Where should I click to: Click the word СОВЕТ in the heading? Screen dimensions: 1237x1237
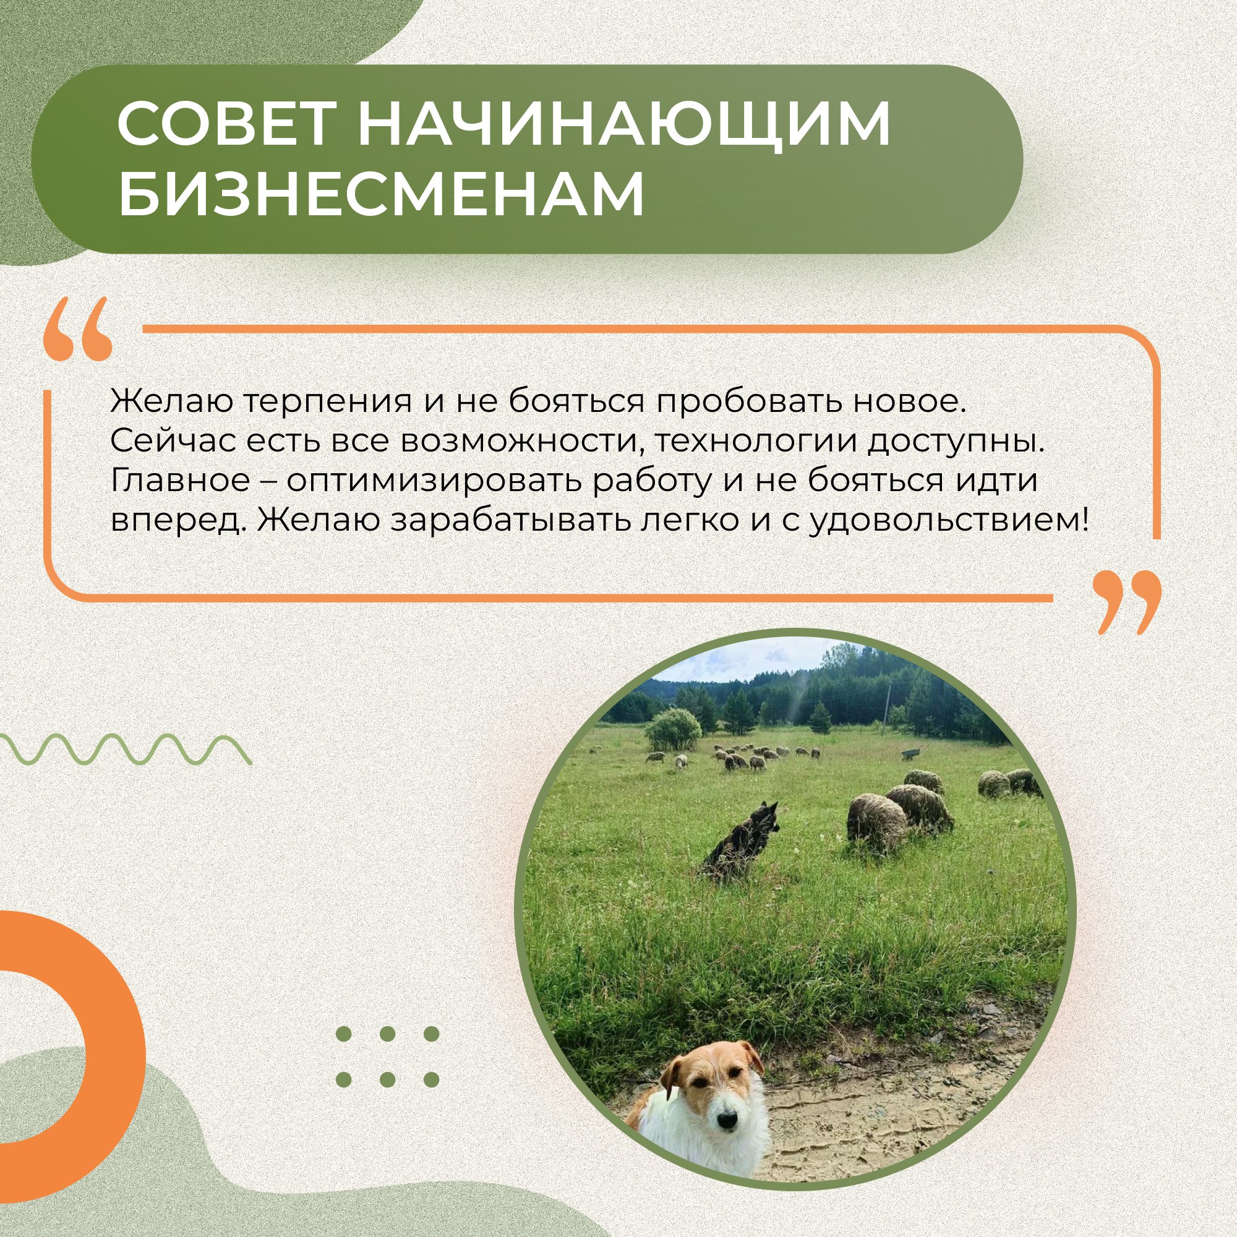coord(226,124)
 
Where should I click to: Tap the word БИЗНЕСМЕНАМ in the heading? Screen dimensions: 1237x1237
coord(381,193)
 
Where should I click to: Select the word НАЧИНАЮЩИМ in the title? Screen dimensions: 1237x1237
coord(623,124)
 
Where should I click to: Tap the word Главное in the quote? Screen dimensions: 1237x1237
coord(180,481)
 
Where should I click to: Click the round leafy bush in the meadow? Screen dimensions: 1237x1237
coord(673,729)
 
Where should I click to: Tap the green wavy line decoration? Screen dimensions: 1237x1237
coord(125,750)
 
